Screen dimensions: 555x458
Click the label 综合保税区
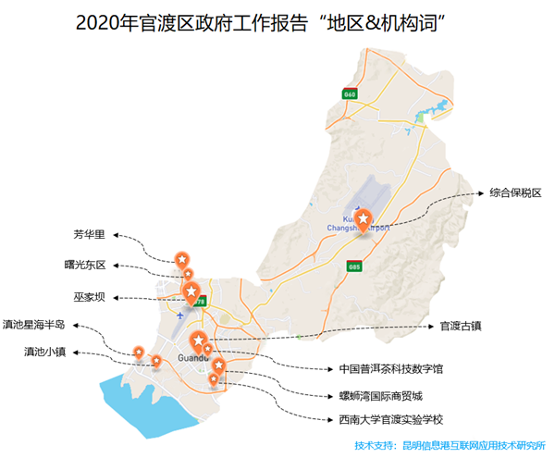[x=515, y=193]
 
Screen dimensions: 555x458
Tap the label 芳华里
[x=91, y=234]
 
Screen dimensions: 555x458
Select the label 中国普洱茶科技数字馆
[x=391, y=368]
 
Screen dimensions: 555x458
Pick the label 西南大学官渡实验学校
[x=391, y=420]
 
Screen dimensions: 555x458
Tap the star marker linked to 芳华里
[x=182, y=257]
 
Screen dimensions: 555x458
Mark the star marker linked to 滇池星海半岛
[x=138, y=351]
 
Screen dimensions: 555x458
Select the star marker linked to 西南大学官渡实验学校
[x=214, y=378]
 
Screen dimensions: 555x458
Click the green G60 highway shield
[x=349, y=93]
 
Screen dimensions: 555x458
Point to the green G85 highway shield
[x=352, y=266]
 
